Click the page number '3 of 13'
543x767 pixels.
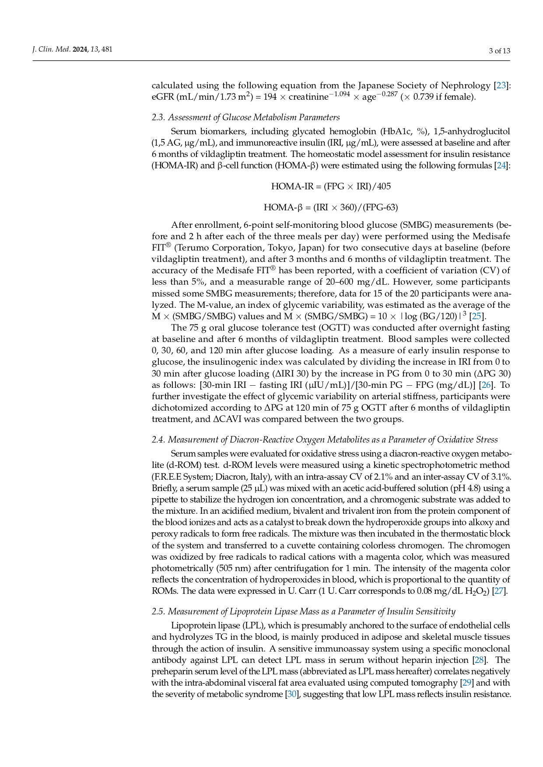[x=499, y=51]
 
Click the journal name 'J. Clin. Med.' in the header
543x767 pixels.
[x=52, y=49]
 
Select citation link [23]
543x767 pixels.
[x=501, y=85]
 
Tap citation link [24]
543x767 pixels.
[x=501, y=165]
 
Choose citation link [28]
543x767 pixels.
[x=480, y=660]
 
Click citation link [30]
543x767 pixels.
[x=291, y=694]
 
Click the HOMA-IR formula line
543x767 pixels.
[x=331, y=187]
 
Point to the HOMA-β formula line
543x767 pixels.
[x=331, y=207]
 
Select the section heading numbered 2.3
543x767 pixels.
[x=245, y=117]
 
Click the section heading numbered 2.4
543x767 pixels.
[x=325, y=439]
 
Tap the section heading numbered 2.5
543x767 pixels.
[x=303, y=611]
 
